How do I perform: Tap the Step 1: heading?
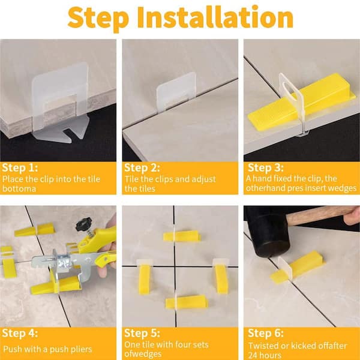click(20, 168)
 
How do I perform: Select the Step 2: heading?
click(142, 168)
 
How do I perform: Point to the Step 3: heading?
click(266, 167)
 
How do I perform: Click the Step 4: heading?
click(20, 333)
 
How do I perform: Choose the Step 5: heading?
click(142, 333)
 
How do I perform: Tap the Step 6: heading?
click(266, 333)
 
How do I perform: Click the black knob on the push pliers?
click(84, 223)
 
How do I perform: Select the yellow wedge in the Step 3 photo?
click(301, 102)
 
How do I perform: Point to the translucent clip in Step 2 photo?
click(176, 92)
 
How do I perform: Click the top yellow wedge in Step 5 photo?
click(182, 236)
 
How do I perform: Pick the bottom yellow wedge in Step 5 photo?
click(187, 302)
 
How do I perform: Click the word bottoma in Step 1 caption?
click(19, 189)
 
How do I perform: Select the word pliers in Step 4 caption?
click(81, 349)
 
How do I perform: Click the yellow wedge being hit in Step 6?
click(298, 267)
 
